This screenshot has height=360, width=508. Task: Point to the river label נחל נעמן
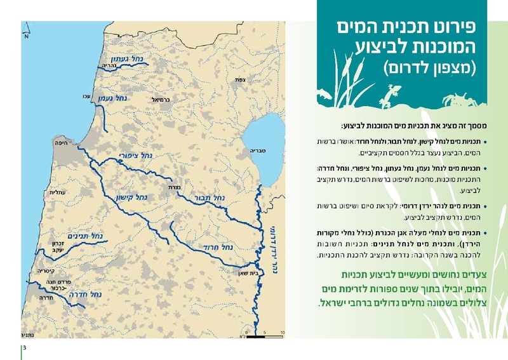click(x=113, y=98)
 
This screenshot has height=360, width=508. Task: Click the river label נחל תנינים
click(x=83, y=236)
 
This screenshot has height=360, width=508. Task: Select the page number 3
click(x=25, y=349)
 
